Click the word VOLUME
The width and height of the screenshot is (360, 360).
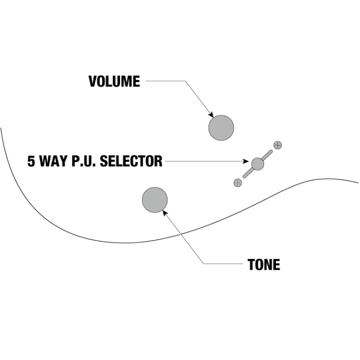pos(114,81)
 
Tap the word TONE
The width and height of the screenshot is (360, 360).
pos(264,265)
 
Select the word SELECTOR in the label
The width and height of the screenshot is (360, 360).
pos(131,161)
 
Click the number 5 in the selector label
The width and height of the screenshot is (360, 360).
pos(31,161)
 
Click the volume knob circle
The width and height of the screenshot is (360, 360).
pos(221,128)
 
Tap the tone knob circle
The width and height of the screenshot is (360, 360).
pos(155,200)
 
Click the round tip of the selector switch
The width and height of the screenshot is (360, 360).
pos(257,164)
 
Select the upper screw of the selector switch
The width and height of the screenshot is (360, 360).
pos(278,145)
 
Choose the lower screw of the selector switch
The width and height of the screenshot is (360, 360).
pos(238,183)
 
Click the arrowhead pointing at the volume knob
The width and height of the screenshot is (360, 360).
pos(211,114)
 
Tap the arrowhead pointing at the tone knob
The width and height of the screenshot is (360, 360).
pos(165,213)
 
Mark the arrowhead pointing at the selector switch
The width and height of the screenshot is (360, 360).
pos(246,161)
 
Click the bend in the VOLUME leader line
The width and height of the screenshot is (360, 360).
pos(185,81)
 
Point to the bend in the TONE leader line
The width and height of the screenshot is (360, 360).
pos(204,264)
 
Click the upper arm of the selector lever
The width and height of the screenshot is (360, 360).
pos(267,155)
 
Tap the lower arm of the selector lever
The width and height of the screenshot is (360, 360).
pos(248,173)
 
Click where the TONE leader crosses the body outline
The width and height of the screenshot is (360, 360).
pos(181,234)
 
